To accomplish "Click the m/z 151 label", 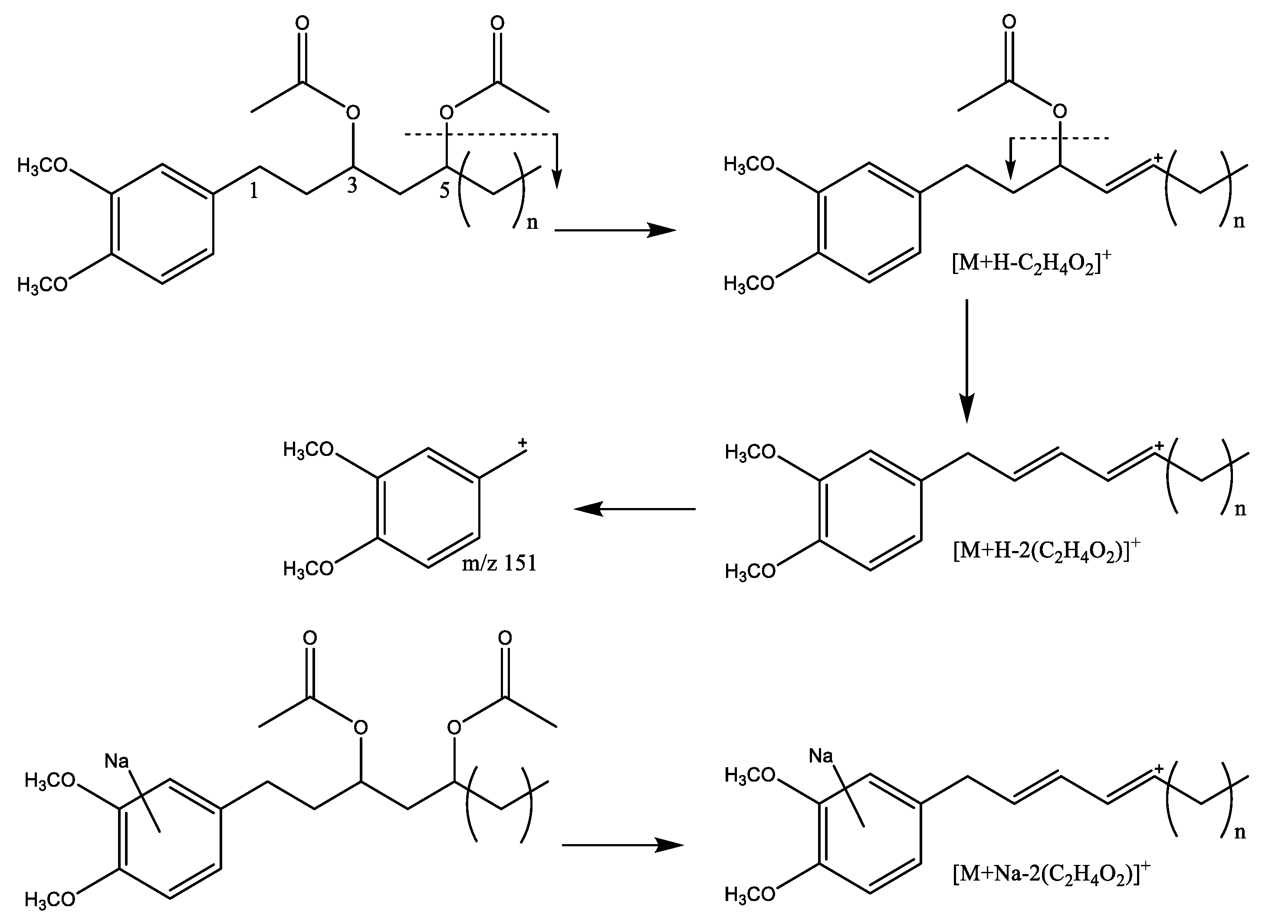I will (x=499, y=563).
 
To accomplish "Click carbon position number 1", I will (x=254, y=192).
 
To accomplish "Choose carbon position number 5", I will (x=444, y=191).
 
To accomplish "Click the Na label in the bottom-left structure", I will (x=117, y=761).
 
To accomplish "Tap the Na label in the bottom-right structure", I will (x=821, y=756).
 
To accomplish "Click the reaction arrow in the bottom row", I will (x=622, y=845).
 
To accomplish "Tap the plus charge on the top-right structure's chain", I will (x=1159, y=158).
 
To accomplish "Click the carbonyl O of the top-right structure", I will (x=1009, y=23).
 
